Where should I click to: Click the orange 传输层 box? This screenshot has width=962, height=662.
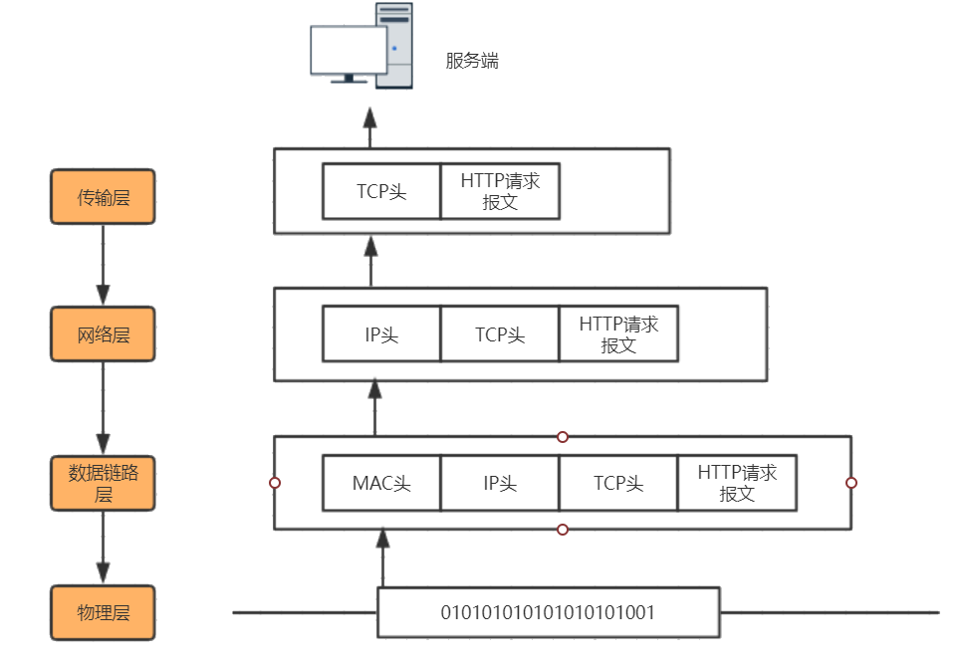[x=104, y=197]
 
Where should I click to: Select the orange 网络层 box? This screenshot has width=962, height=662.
[x=104, y=334]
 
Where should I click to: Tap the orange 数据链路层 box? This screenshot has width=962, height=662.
[x=104, y=483]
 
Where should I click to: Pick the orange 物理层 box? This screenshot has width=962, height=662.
[x=104, y=612]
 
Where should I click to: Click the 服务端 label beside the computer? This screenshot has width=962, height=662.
[x=471, y=61]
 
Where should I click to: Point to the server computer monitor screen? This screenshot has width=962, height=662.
[x=348, y=50]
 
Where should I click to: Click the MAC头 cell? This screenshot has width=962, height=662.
[x=381, y=484]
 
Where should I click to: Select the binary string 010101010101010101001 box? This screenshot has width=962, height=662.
[x=548, y=612]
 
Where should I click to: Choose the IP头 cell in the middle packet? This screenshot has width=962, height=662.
[x=381, y=334]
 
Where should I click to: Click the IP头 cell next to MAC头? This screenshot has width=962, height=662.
[x=500, y=484]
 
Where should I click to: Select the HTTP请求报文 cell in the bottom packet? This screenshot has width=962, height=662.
[x=737, y=484]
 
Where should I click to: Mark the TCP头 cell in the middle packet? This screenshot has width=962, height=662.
[x=500, y=334]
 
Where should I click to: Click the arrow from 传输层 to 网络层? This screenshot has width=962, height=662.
[x=104, y=265]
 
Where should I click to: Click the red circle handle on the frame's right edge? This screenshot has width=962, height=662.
[x=851, y=483]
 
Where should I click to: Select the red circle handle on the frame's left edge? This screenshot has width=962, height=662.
[x=275, y=483]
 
